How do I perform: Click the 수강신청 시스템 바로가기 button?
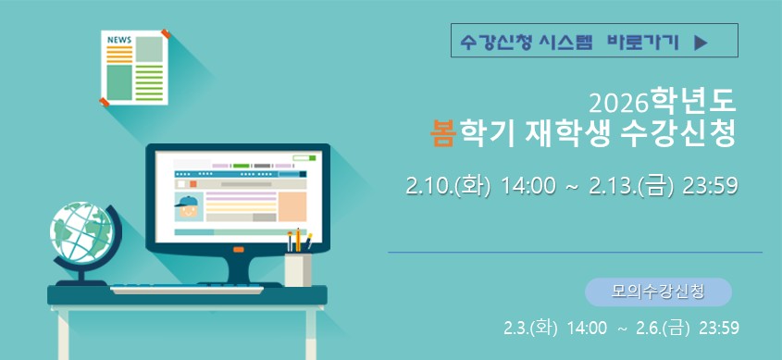click(593, 42)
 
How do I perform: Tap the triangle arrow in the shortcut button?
click(701, 42)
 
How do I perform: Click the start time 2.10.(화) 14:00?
click(481, 187)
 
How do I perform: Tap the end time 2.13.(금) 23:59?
click(664, 187)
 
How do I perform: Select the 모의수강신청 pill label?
click(658, 292)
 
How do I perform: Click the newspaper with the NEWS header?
click(135, 68)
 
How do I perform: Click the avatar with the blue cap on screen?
click(189, 207)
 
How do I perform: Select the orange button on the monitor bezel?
click(238, 250)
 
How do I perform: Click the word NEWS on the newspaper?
click(118, 40)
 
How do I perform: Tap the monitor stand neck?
click(237, 269)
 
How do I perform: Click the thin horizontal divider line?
click(574, 252)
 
